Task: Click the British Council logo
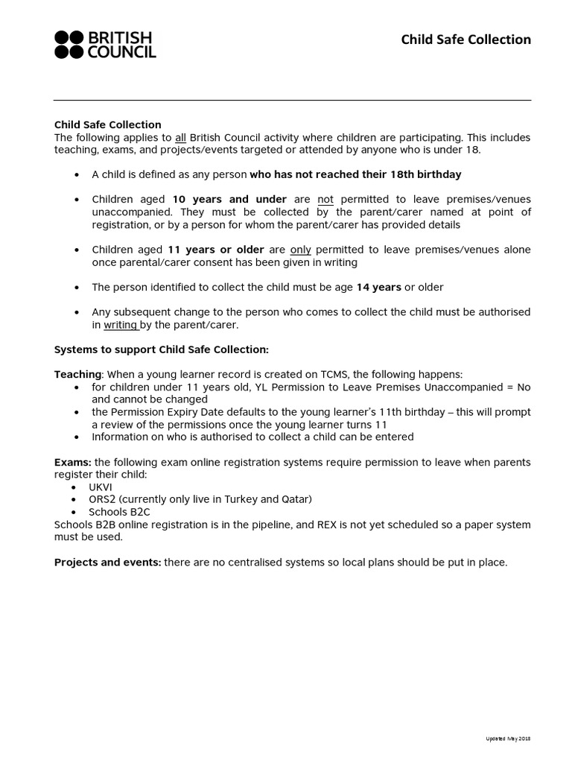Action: [x=105, y=45]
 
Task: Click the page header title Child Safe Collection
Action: [x=465, y=39]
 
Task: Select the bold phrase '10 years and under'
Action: [x=229, y=200]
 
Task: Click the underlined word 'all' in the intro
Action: [x=179, y=137]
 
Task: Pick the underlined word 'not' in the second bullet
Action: [x=325, y=200]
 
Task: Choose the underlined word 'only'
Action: [x=300, y=250]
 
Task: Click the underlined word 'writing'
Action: [x=120, y=325]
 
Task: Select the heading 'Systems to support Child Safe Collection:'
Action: [x=161, y=349]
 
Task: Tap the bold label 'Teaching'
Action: [x=77, y=375]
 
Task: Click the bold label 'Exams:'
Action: [x=73, y=462]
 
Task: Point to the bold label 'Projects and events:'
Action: [x=107, y=562]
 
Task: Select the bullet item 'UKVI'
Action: [x=101, y=487]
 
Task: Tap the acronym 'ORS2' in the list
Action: [x=102, y=499]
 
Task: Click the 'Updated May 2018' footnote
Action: [x=508, y=738]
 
